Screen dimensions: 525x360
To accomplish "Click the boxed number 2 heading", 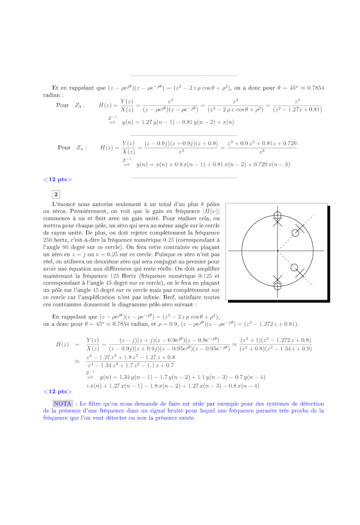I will (x=56, y=194).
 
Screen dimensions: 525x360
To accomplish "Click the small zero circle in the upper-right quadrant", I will (x=296, y=233).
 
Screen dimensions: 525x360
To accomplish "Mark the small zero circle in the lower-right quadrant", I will (x=296, y=267).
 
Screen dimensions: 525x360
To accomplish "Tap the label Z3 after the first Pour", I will (x=80, y=105).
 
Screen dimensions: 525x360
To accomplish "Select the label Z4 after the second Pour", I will (x=81, y=148).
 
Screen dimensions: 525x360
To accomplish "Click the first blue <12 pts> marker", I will (x=57, y=179).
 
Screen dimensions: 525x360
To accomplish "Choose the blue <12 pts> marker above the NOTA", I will (x=57, y=391).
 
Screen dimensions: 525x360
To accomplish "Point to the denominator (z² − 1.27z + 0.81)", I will (x=298, y=110).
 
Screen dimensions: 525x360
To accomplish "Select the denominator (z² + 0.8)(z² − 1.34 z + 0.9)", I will (x=277, y=349).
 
